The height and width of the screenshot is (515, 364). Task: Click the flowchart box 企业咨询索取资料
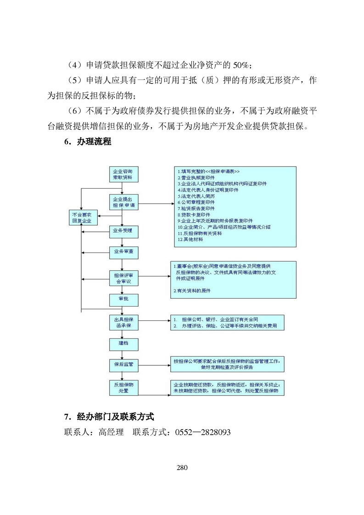point(122,174)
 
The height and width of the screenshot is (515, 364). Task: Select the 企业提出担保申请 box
point(122,202)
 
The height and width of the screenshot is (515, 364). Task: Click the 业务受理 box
point(122,230)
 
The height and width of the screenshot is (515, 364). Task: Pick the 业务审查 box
point(122,252)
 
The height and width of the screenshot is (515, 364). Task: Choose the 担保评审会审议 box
point(122,278)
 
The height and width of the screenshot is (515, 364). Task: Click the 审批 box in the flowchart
point(122,299)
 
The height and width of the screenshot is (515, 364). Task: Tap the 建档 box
point(122,343)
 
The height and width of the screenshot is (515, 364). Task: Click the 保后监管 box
point(122,364)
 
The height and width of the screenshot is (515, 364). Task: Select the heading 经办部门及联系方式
point(115,417)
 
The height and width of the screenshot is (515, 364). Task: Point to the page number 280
point(182,468)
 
